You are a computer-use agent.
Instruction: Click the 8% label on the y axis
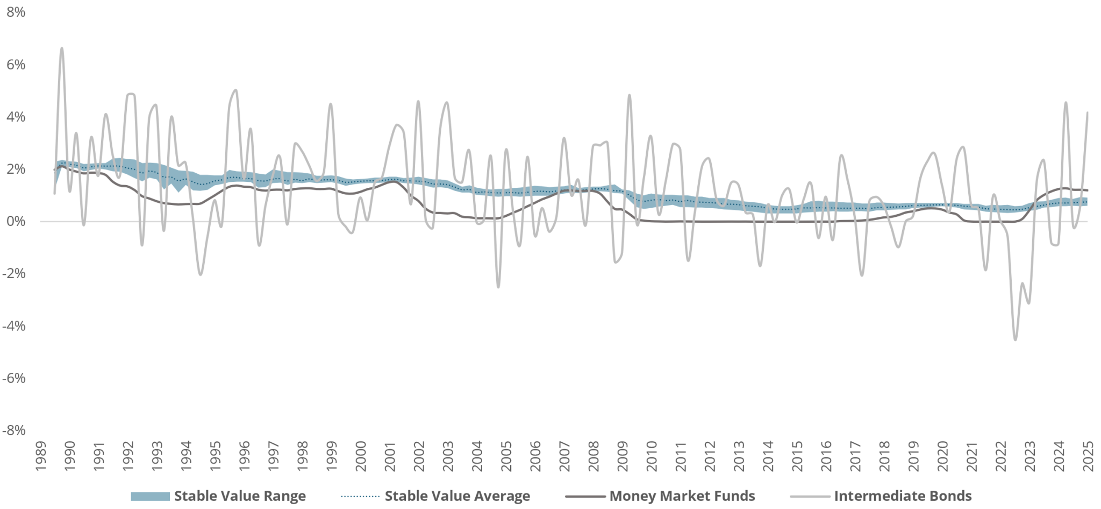tap(16, 12)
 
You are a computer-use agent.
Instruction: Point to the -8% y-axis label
tap(14, 430)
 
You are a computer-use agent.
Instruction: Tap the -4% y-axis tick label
tap(14, 326)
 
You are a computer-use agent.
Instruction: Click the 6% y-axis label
tap(16, 65)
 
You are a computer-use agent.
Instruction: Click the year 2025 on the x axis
tap(1088, 456)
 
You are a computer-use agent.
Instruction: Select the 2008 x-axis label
tap(594, 456)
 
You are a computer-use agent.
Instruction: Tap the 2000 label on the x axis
tap(361, 456)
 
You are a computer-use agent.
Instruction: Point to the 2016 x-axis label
tap(826, 456)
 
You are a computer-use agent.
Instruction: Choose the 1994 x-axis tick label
tap(186, 456)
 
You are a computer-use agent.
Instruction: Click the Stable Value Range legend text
tap(240, 496)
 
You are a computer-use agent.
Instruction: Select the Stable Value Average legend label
tap(457, 496)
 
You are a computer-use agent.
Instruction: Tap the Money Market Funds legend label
tap(682, 496)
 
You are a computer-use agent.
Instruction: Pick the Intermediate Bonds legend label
tap(903, 496)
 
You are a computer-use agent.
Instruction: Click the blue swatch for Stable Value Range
tap(150, 496)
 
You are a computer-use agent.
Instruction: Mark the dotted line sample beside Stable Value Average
tap(360, 496)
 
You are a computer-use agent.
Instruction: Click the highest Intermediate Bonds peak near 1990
tap(62, 48)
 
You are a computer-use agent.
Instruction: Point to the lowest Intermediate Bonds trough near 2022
tap(1015, 340)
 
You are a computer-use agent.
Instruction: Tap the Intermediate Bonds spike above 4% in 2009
tap(629, 95)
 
